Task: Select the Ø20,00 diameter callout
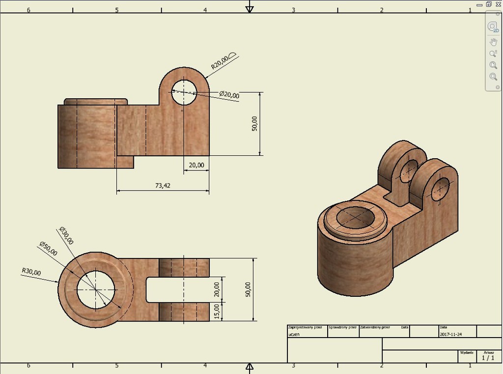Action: click(229, 94)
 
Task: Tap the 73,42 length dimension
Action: click(162, 185)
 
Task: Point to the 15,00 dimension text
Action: click(217, 311)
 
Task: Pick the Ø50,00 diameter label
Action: click(48, 249)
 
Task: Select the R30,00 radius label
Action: click(31, 271)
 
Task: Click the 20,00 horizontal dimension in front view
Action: click(196, 165)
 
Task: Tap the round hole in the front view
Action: click(184, 92)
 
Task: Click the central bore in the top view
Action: click(96, 289)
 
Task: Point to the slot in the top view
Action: click(177, 289)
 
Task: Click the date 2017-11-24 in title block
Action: click(451, 334)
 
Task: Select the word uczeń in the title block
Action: click(294, 334)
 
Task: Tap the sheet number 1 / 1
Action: click(488, 358)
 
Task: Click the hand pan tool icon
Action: click(493, 42)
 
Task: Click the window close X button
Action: click(498, 4)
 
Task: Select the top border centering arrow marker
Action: click(250, 7)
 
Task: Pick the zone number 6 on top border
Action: click(28, 10)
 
